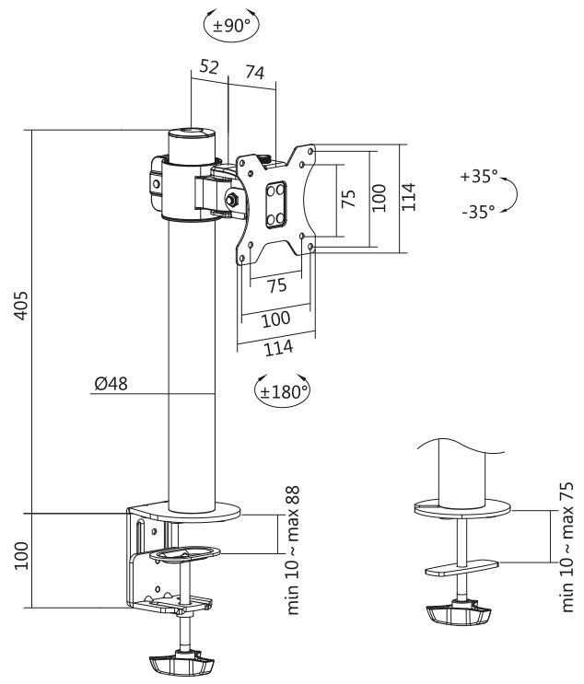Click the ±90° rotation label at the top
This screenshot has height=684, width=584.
pyautogui.click(x=231, y=26)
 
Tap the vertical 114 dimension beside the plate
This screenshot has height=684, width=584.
pyautogui.click(x=409, y=196)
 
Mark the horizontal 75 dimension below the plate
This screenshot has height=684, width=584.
pyautogui.click(x=275, y=285)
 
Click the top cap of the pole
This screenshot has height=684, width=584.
pyautogui.click(x=192, y=135)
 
